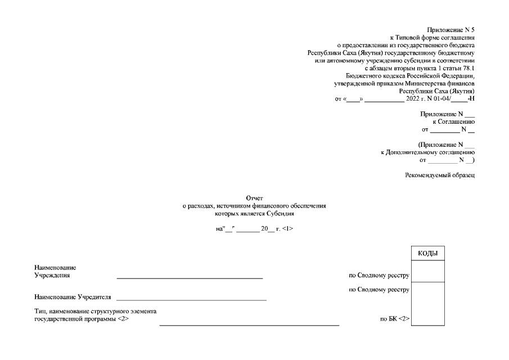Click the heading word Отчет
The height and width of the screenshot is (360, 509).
point(255,199)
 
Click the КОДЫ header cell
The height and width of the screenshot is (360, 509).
point(428,254)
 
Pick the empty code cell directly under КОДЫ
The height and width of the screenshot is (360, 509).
point(428,272)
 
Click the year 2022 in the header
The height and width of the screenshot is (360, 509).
point(413,99)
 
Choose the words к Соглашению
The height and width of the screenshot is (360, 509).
point(453,121)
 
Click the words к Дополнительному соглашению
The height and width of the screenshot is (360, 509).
point(428,152)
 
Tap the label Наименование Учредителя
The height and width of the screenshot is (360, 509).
point(73,296)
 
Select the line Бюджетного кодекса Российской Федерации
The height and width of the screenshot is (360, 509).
point(411,75)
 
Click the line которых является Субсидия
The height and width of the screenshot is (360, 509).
point(255,214)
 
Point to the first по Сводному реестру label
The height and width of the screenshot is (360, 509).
point(379,276)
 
